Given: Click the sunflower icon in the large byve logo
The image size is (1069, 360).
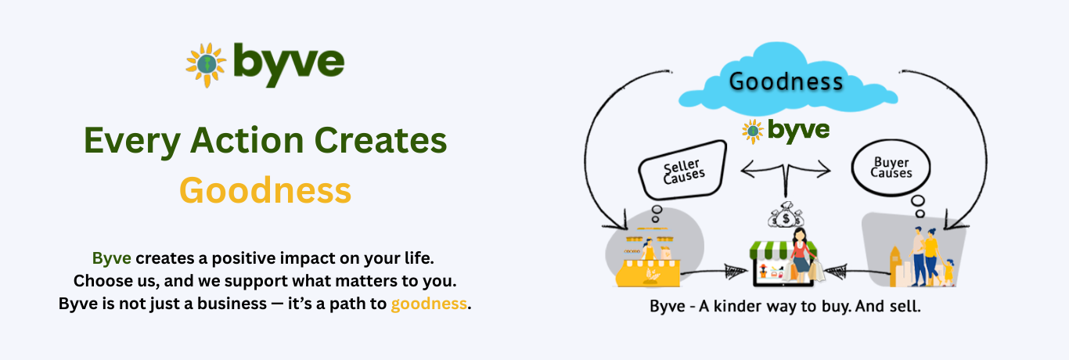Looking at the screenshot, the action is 206,64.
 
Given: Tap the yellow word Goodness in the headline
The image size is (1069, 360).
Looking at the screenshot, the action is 265,190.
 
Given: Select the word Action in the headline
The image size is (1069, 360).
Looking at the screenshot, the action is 247,140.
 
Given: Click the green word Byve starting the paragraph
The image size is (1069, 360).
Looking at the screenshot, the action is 112,258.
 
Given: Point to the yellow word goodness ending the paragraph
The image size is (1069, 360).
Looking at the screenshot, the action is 429,304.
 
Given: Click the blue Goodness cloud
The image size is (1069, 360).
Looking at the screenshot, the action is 787,79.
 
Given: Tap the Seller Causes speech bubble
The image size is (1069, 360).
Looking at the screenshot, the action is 683,170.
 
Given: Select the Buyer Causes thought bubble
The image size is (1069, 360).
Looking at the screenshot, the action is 891,167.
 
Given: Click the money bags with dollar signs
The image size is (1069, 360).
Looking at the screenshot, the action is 786,215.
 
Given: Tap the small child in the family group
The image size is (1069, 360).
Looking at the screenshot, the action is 948,272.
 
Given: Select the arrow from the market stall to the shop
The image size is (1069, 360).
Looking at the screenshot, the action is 714,272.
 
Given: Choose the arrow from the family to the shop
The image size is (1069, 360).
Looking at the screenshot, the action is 857,272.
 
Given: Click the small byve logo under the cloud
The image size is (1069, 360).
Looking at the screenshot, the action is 786,131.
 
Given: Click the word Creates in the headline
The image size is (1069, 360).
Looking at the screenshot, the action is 380,140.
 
